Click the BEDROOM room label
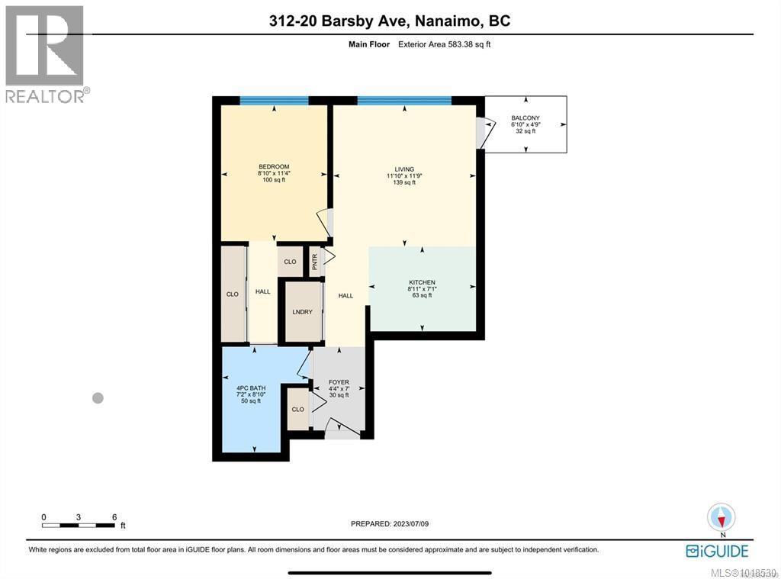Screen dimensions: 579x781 point(274,167)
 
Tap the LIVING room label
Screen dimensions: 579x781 point(403,169)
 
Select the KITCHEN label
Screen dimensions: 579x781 point(421,283)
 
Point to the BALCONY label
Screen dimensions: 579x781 point(525,118)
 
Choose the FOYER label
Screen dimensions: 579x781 point(339,382)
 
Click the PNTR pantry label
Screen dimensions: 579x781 point(314,262)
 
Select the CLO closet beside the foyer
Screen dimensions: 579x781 point(297,410)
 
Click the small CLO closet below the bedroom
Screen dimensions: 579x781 point(290,262)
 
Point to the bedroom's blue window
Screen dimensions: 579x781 point(274,100)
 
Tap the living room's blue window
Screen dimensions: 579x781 point(403,100)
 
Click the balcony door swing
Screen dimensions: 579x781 point(482,133)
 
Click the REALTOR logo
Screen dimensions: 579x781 point(47,53)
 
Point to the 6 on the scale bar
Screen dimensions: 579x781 point(114,517)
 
